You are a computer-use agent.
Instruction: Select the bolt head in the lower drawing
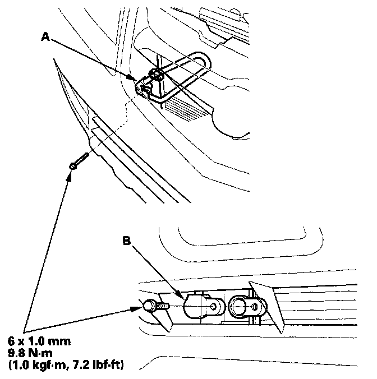(x=149, y=307)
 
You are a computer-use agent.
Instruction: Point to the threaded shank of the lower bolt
(x=164, y=307)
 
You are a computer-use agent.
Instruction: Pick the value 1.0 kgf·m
(x=48, y=366)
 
